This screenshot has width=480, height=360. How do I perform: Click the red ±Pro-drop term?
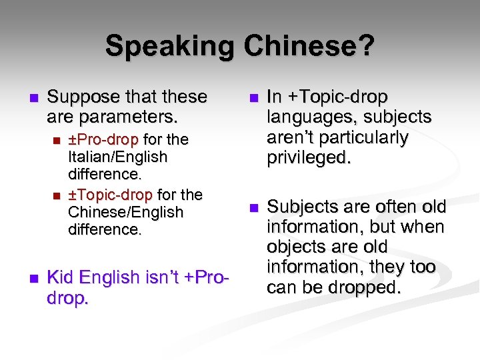coord(104,140)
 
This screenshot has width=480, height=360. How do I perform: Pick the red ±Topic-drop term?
coord(111,195)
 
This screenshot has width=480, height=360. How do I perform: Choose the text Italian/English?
coord(118,157)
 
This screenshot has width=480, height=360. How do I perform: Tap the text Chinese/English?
coord(125,213)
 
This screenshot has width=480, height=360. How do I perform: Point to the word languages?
coord(308,117)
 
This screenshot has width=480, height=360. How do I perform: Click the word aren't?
coord(293,138)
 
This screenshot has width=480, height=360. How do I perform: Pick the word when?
coord(426,227)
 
